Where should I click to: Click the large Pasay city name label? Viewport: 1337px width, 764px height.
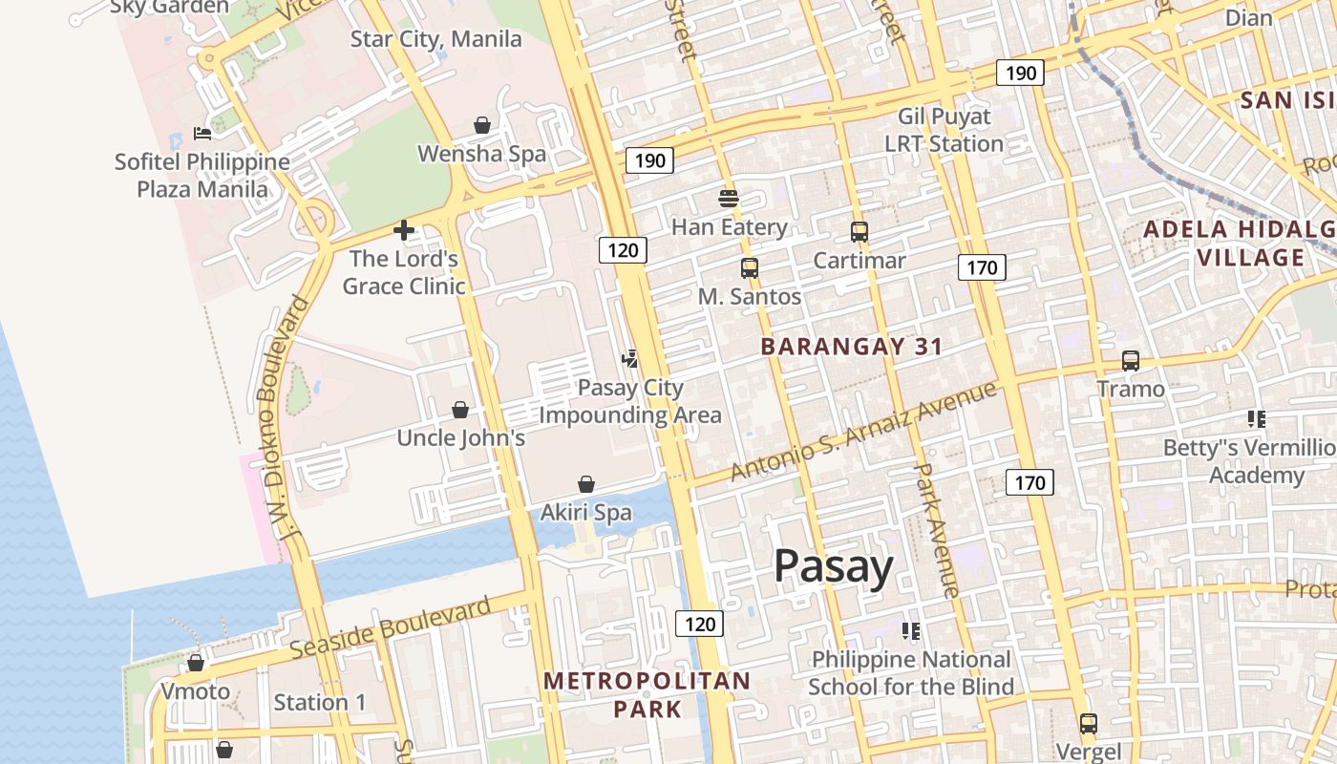[833, 566]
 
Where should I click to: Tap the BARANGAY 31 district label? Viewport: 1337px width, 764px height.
[851, 347]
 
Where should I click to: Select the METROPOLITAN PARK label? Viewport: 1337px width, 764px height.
[647, 694]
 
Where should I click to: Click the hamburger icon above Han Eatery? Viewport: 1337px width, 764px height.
[729, 199]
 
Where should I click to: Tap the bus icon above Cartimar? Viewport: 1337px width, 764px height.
[859, 232]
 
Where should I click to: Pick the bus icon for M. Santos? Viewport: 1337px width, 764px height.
[749, 268]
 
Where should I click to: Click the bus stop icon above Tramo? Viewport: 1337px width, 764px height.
[1131, 361]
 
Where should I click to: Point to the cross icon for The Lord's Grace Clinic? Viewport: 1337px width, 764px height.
[404, 230]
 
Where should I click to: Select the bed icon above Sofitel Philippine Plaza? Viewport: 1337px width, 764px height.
[202, 134]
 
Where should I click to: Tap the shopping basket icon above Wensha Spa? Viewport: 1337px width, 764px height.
[482, 125]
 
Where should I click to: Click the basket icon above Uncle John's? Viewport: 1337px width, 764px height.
[460, 410]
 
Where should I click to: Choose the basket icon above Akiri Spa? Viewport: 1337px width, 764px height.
[586, 484]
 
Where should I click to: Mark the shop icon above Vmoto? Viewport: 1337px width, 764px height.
[196, 663]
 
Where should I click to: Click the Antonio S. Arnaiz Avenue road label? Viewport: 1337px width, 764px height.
[863, 431]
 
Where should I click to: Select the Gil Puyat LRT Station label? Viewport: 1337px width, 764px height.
[944, 130]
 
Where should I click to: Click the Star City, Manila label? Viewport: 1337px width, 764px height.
[435, 39]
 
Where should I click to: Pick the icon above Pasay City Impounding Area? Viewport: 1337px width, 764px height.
[629, 359]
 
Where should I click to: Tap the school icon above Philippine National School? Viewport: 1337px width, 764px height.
[910, 631]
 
